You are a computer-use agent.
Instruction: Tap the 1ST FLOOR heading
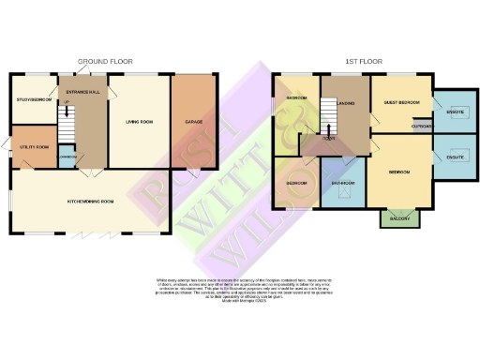click(362, 62)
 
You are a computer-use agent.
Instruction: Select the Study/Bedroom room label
click(34, 98)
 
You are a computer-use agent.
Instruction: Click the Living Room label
click(139, 120)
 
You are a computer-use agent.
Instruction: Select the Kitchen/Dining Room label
click(92, 202)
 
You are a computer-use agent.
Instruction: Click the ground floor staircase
click(67, 123)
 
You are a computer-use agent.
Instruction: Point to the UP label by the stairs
click(66, 103)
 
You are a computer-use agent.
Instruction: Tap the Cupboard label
click(422, 125)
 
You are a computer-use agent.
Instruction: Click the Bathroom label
click(342, 183)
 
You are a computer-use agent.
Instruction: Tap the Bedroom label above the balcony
click(398, 172)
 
